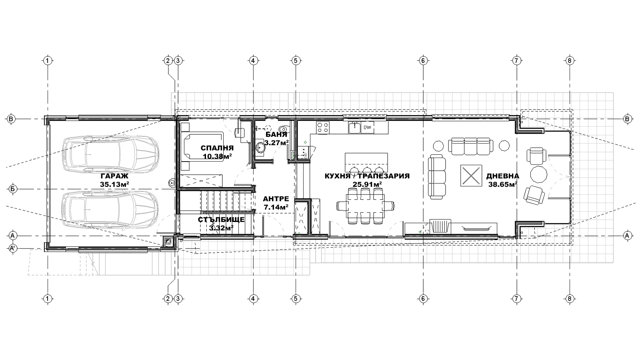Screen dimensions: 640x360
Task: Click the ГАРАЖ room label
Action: (x=114, y=176)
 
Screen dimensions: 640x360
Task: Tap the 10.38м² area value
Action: (x=217, y=156)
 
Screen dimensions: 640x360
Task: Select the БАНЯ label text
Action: (x=276, y=135)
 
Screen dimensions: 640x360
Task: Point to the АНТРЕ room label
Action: (x=276, y=199)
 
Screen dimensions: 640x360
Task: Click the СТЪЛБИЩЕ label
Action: (x=221, y=220)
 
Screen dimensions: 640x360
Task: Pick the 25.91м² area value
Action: (x=367, y=184)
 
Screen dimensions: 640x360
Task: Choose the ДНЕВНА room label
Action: (x=502, y=176)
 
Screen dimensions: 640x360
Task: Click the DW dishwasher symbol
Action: (x=368, y=128)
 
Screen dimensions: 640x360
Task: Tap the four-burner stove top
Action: (x=322, y=127)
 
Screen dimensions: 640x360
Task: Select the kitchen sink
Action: (x=354, y=128)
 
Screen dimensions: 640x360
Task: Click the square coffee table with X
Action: (x=471, y=176)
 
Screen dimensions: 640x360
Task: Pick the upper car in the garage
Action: (x=110, y=154)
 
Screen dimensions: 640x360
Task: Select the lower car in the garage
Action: (x=110, y=210)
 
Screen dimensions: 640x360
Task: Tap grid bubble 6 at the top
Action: (x=423, y=60)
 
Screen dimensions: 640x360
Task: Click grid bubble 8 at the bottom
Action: (x=570, y=299)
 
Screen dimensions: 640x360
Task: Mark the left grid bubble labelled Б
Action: (x=12, y=189)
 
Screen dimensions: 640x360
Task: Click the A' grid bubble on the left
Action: (x=12, y=248)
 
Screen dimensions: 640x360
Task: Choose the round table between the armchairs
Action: (x=539, y=174)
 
